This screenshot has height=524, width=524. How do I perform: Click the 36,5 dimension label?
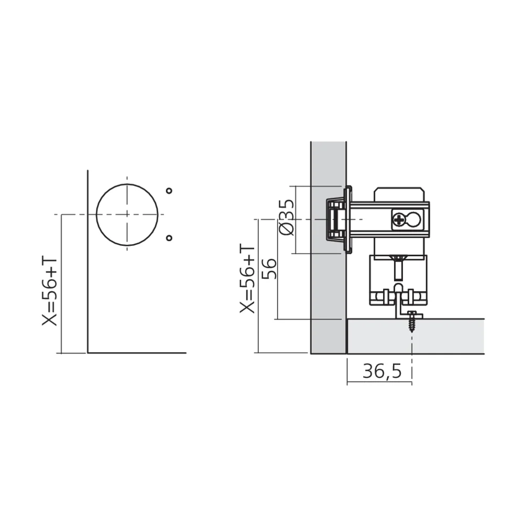click(x=382, y=372)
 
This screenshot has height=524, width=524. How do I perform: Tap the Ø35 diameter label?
click(x=287, y=217)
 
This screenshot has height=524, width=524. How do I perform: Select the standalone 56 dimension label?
click(x=270, y=269)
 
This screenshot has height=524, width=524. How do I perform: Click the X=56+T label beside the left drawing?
click(x=50, y=291)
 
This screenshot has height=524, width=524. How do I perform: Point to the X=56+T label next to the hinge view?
click(x=247, y=279)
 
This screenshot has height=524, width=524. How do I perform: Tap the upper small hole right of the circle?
click(x=169, y=191)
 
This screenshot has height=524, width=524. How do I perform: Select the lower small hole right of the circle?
click(x=169, y=238)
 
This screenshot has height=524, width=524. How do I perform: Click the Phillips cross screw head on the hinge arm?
click(x=399, y=220)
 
